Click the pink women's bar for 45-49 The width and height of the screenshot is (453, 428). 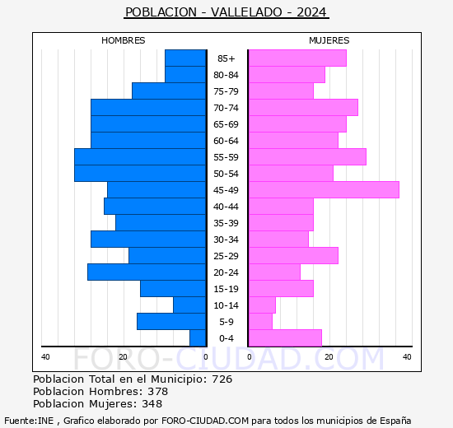(x=323, y=189)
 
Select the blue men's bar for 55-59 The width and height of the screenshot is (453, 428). (x=140, y=156)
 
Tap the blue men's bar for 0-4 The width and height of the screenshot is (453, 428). (x=198, y=337)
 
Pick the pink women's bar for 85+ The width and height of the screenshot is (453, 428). (x=297, y=58)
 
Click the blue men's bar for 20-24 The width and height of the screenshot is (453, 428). (x=147, y=272)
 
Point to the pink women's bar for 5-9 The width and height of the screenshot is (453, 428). (x=259, y=321)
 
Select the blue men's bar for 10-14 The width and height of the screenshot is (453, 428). (x=189, y=305)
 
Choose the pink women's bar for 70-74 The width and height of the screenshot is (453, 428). (x=302, y=107)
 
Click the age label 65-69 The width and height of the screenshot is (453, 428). (x=226, y=124)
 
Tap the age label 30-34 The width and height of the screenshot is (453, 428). (x=226, y=240)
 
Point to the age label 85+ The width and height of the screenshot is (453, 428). (x=226, y=58)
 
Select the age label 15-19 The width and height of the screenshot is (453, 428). (x=226, y=289)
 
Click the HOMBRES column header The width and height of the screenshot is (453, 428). (x=124, y=40)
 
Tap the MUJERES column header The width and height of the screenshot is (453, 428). (x=329, y=40)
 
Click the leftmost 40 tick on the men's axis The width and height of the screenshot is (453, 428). (x=46, y=356)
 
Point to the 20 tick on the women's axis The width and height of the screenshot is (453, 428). (x=328, y=356)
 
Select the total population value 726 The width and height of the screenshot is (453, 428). (x=222, y=379)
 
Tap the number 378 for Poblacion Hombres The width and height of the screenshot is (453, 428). (x=157, y=392)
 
